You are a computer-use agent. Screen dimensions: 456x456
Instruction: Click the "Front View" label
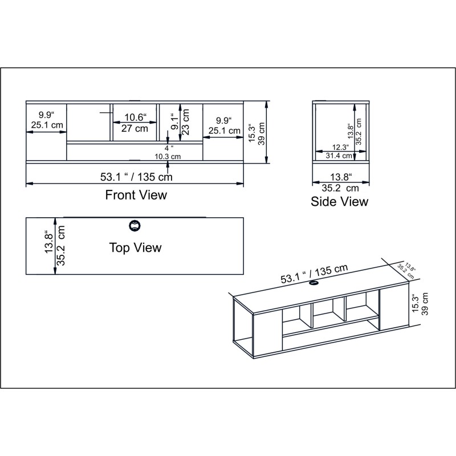point(136,195)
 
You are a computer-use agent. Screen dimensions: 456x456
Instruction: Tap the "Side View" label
point(339,201)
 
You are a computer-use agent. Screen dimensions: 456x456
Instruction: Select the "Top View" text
point(135,247)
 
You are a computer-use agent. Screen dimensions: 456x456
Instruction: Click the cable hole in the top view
point(135,225)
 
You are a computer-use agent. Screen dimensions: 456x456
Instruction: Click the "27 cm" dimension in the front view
point(135,128)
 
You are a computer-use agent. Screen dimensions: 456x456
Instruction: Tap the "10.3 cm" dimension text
point(168,156)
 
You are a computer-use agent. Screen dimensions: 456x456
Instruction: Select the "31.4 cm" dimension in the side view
point(338,155)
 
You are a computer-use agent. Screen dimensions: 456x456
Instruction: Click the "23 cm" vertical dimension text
point(186,122)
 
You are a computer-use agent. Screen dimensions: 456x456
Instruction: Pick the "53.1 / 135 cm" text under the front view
point(136,177)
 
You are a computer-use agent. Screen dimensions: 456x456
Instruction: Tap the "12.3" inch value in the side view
point(340,147)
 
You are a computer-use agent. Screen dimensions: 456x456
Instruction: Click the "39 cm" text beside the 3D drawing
point(425,303)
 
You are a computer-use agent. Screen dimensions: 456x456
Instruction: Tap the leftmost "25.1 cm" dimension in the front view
point(47,125)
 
